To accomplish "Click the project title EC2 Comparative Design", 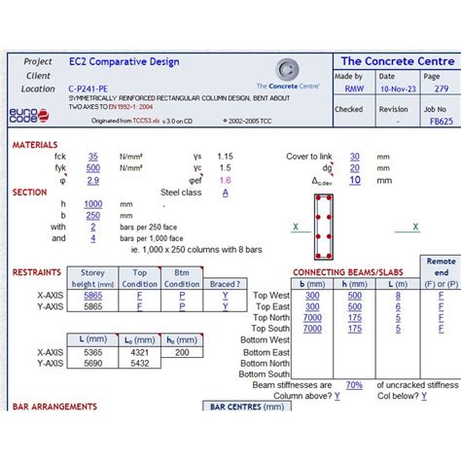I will (124, 61).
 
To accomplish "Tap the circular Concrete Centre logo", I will (287, 69).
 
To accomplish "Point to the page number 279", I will (442, 89).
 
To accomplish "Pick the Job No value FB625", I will (441, 123).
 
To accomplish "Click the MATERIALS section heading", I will (35, 144).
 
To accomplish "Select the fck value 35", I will (92, 156).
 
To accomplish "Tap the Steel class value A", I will (226, 193).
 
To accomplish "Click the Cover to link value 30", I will (355, 156).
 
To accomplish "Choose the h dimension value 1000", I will (93, 203).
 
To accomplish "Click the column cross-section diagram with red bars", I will (324, 218).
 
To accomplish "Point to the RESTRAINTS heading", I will (37, 272).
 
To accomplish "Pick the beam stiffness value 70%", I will (354, 385).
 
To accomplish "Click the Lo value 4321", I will (140, 352).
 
